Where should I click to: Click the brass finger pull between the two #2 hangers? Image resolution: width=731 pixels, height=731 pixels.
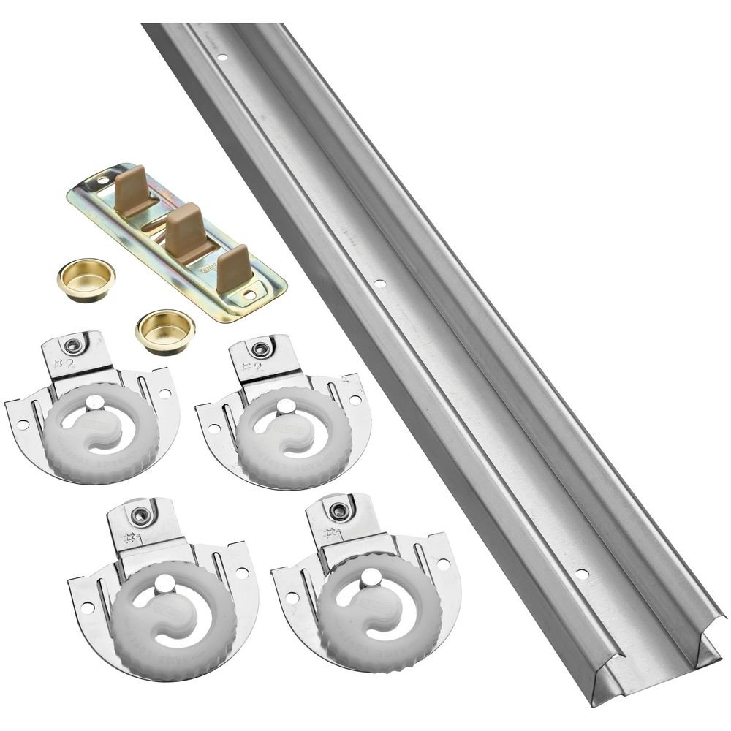(x=164, y=331)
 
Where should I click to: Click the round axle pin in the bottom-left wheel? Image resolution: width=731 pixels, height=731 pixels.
(x=165, y=583)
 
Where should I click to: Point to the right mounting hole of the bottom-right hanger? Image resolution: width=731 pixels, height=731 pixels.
(x=443, y=565)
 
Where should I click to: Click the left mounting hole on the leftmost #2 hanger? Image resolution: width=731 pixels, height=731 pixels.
(x=22, y=423)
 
